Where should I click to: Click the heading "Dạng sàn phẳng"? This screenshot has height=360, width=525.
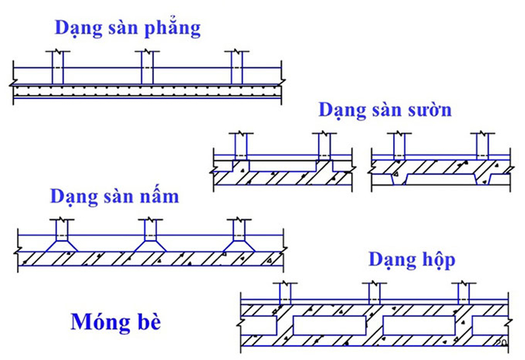tap(127, 28)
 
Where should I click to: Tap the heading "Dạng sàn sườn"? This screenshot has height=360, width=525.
tap(384, 109)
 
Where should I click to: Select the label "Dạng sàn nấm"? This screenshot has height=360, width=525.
tap(114, 195)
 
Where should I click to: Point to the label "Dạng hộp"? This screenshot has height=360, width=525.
tap(411, 260)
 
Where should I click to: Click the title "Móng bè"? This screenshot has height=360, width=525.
tap(116, 321)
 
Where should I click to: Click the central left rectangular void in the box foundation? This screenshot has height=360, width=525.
tap(329, 325)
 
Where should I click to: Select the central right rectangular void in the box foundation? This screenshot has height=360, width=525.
tap(419, 325)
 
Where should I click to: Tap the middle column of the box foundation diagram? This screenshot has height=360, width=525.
tap(374, 292)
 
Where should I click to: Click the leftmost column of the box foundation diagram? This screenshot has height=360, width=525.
tap(285, 292)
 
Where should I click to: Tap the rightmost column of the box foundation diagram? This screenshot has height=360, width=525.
tap(464, 292)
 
